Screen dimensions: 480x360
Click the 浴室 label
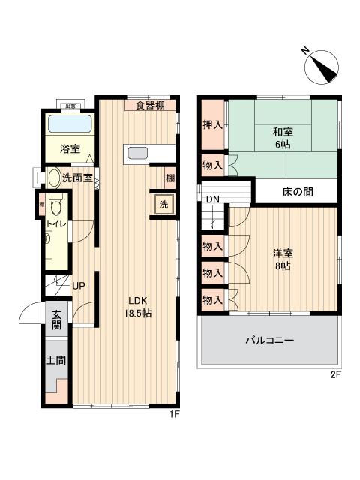click(x=70, y=148)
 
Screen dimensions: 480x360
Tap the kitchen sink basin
click(x=138, y=154)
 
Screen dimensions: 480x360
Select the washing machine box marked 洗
click(x=163, y=205)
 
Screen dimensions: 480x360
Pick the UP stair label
click(x=78, y=286)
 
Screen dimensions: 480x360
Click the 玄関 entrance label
click(x=56, y=321)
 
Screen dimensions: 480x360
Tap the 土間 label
click(x=56, y=361)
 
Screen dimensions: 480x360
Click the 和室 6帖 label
click(x=282, y=139)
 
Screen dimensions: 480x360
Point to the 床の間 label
click(x=298, y=192)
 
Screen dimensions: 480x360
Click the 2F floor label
click(x=335, y=375)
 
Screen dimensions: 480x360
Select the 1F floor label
click(x=174, y=413)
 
